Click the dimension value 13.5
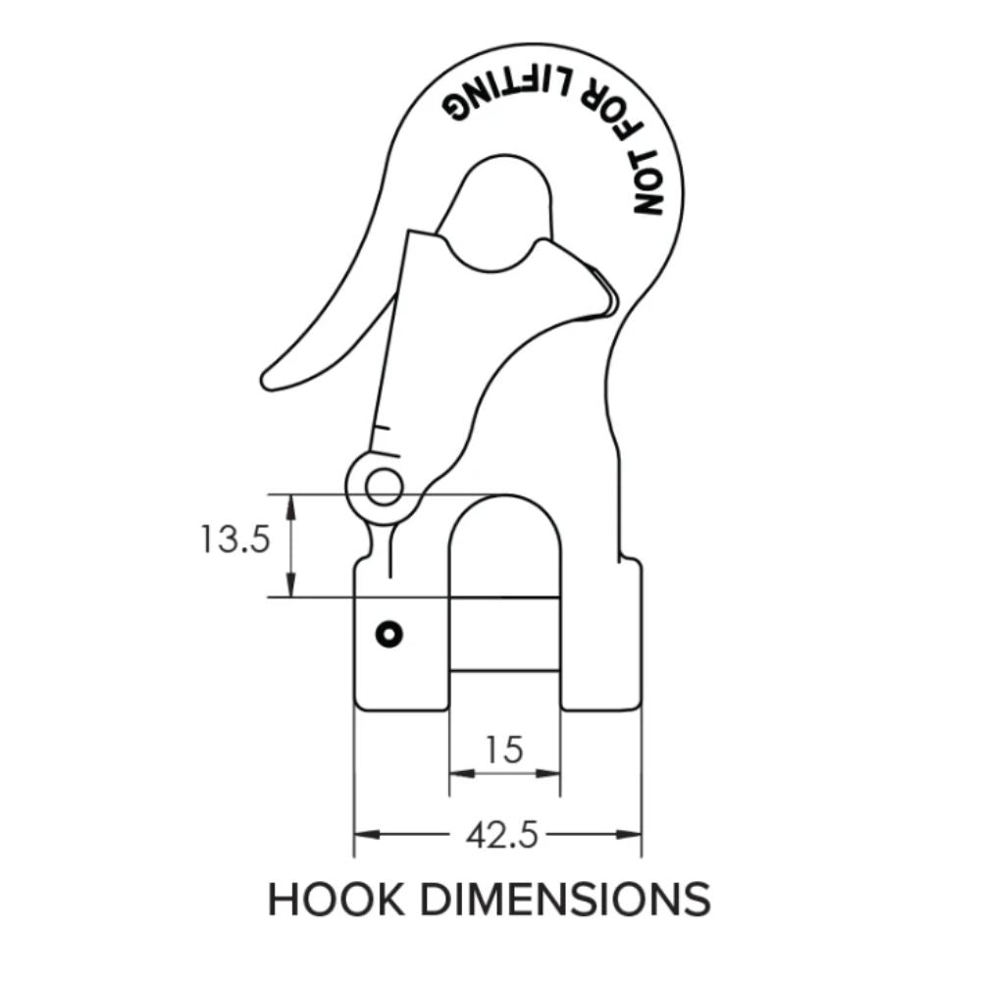pyautogui.click(x=234, y=539)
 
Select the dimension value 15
pyautogui.click(x=504, y=750)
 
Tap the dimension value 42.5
pyautogui.click(x=502, y=835)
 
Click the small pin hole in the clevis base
pyautogui.click(x=389, y=635)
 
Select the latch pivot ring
pyautogui.click(x=383, y=487)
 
